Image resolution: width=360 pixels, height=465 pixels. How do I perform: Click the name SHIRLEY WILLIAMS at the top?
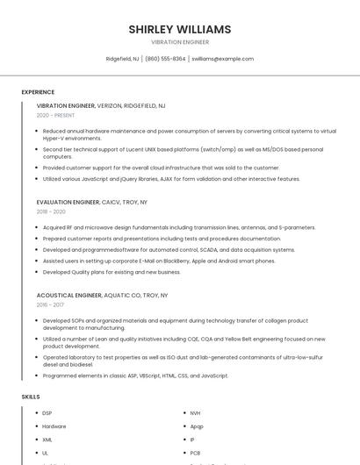[180, 29]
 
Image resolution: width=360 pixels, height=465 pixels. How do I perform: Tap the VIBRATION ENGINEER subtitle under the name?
[180, 41]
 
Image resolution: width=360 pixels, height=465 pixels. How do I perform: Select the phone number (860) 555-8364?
[165, 59]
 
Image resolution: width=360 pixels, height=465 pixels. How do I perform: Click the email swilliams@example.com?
[222, 59]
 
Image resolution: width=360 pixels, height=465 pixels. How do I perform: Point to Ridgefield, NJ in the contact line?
[122, 59]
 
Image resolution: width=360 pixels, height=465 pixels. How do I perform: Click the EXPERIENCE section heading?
[38, 92]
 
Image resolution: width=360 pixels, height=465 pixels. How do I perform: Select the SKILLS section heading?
[31, 397]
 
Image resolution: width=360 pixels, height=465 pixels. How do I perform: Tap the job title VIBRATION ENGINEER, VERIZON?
[101, 105]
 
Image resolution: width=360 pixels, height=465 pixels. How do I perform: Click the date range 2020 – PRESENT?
[55, 115]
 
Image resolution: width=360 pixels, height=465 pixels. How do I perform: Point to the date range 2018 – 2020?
[51, 211]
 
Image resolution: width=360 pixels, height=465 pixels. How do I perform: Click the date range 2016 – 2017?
[50, 305]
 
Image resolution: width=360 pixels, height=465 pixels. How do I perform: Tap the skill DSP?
[47, 412]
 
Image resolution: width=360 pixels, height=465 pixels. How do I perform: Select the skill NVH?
[195, 412]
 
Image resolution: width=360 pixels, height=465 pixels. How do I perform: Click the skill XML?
[47, 440]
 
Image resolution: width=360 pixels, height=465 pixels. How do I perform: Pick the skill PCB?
[195, 453]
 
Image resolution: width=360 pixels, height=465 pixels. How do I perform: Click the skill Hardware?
[54, 426]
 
